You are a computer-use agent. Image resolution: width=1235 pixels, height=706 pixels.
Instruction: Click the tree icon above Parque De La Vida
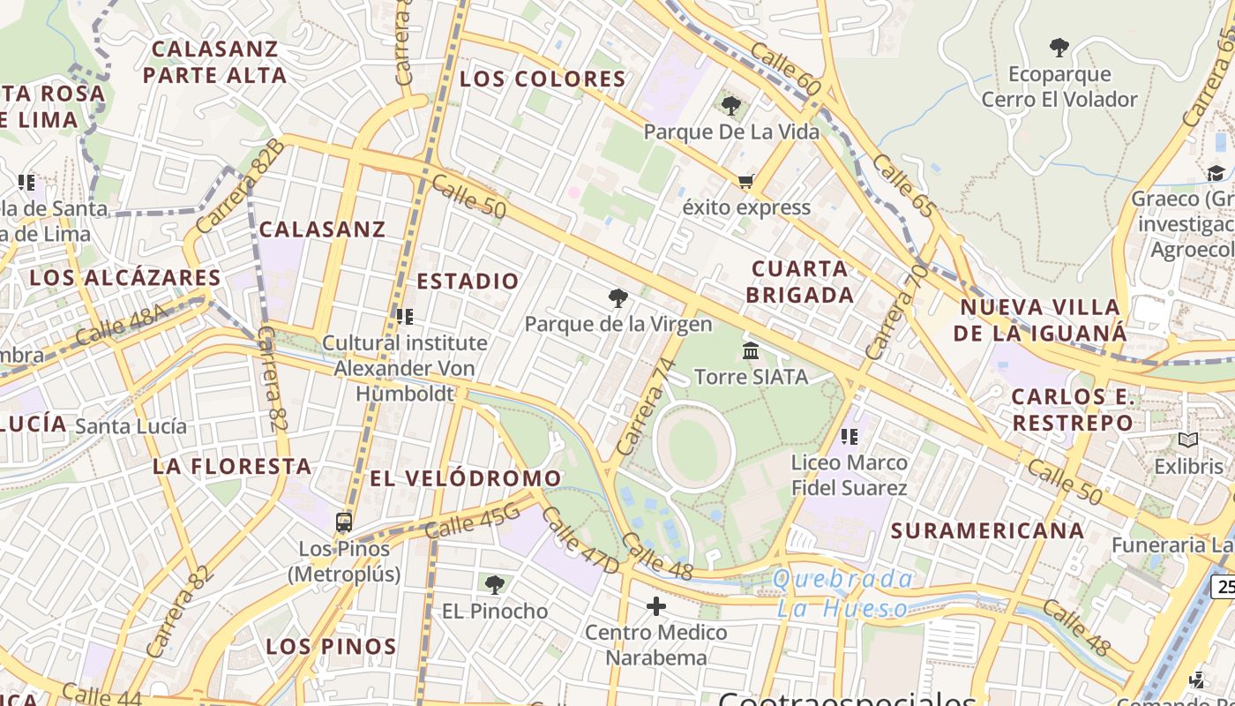pyautogui.click(x=730, y=106)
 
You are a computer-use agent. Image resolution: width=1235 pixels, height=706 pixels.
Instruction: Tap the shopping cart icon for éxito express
pyautogui.click(x=745, y=182)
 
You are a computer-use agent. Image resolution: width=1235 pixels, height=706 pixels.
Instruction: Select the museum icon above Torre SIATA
pyautogui.click(x=751, y=351)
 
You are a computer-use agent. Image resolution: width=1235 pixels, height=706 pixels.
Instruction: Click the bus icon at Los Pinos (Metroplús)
pyautogui.click(x=344, y=522)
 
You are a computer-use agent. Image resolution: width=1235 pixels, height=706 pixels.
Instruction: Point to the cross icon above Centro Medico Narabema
pyautogui.click(x=655, y=606)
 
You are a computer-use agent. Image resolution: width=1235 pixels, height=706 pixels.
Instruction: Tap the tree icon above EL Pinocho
pyautogui.click(x=494, y=584)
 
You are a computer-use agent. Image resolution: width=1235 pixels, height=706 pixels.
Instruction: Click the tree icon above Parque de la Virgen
pyautogui.click(x=617, y=298)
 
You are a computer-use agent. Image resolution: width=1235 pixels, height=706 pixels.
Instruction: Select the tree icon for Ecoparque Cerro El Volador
pyautogui.click(x=1059, y=48)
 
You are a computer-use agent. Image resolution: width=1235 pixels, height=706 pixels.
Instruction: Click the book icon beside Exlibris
pyautogui.click(x=1188, y=439)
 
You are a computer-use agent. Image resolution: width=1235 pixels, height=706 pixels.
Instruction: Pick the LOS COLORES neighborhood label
pyautogui.click(x=543, y=79)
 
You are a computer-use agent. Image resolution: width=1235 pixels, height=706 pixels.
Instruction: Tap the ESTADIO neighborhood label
pyautogui.click(x=468, y=282)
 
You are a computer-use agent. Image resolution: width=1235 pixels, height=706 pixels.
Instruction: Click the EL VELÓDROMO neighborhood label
pyautogui.click(x=465, y=478)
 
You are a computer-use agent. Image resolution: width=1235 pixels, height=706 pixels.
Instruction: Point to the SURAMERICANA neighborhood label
pyautogui.click(x=987, y=530)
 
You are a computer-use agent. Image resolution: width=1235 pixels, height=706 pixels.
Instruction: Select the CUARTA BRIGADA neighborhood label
pyautogui.click(x=800, y=282)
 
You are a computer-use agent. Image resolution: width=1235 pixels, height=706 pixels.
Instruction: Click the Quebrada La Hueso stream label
pyautogui.click(x=842, y=594)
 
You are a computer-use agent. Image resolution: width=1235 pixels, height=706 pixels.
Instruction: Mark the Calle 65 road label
pyautogui.click(x=904, y=186)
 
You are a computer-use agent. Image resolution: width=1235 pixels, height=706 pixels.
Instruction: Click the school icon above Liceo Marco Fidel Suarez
pyautogui.click(x=850, y=436)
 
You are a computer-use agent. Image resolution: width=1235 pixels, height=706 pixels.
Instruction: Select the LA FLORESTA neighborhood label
pyautogui.click(x=232, y=466)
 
